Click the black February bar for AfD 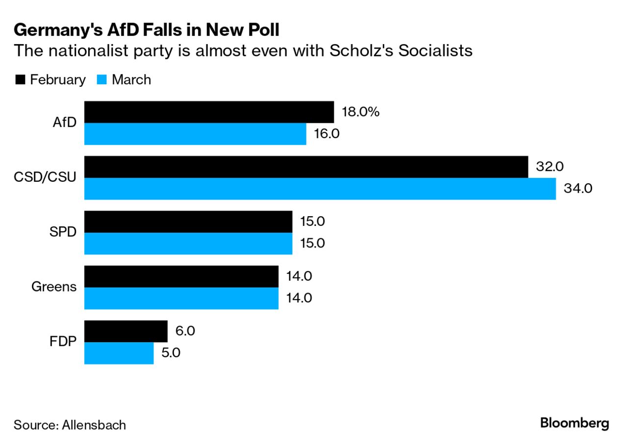(x=209, y=112)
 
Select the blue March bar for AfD (x=195, y=134)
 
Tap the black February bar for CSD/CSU (x=306, y=167)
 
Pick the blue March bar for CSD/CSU (x=320, y=189)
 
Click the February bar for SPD (x=188, y=222)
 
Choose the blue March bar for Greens (x=181, y=298)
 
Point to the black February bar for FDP (x=126, y=331)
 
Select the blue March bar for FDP (x=119, y=353)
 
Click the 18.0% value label (x=361, y=112)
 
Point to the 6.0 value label (x=184, y=331)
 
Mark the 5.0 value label (x=171, y=353)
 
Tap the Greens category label (x=54, y=287)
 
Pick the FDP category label (x=63, y=342)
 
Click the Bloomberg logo (x=575, y=423)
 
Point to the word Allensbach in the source (x=94, y=424)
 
